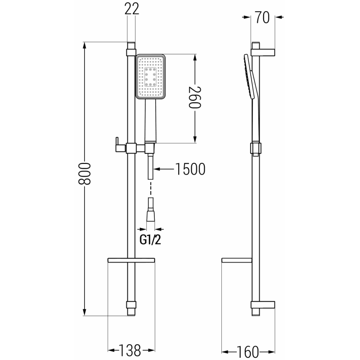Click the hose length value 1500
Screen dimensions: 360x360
point(190,169)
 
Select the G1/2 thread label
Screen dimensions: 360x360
point(149,240)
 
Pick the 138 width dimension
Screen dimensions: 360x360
point(131,350)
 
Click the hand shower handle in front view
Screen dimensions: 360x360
point(150,121)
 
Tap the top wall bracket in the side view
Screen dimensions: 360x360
point(263,49)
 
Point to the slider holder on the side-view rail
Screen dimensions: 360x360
point(255,148)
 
